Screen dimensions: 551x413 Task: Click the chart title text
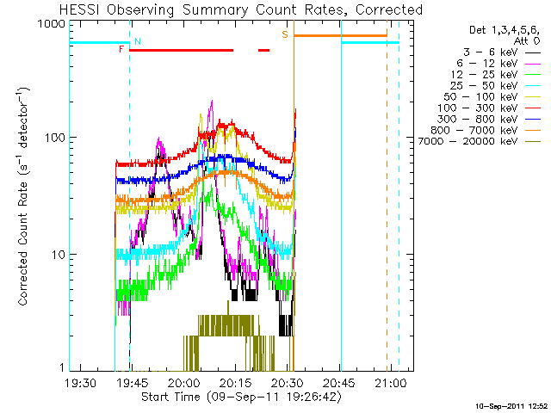point(241,9)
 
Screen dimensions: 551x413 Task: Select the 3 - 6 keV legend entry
point(502,52)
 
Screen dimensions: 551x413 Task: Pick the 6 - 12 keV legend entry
point(498,64)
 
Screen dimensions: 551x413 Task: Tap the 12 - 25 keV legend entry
point(496,75)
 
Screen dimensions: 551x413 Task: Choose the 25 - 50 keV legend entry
point(496,86)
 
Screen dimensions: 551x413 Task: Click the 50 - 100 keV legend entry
point(492,97)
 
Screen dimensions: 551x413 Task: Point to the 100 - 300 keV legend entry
point(489,108)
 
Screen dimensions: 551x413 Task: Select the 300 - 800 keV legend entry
point(489,120)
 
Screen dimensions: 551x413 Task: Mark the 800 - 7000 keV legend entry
point(486,131)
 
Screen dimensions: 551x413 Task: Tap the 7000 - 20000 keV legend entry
point(480,141)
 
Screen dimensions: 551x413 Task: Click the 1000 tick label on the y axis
point(52,24)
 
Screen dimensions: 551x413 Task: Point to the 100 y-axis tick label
point(55,138)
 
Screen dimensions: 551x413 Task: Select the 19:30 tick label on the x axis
point(80,382)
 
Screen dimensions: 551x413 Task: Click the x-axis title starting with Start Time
point(241,398)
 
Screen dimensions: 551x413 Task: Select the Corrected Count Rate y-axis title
point(23,196)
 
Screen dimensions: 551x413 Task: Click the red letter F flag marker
point(121,49)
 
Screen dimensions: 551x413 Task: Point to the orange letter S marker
point(285,34)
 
